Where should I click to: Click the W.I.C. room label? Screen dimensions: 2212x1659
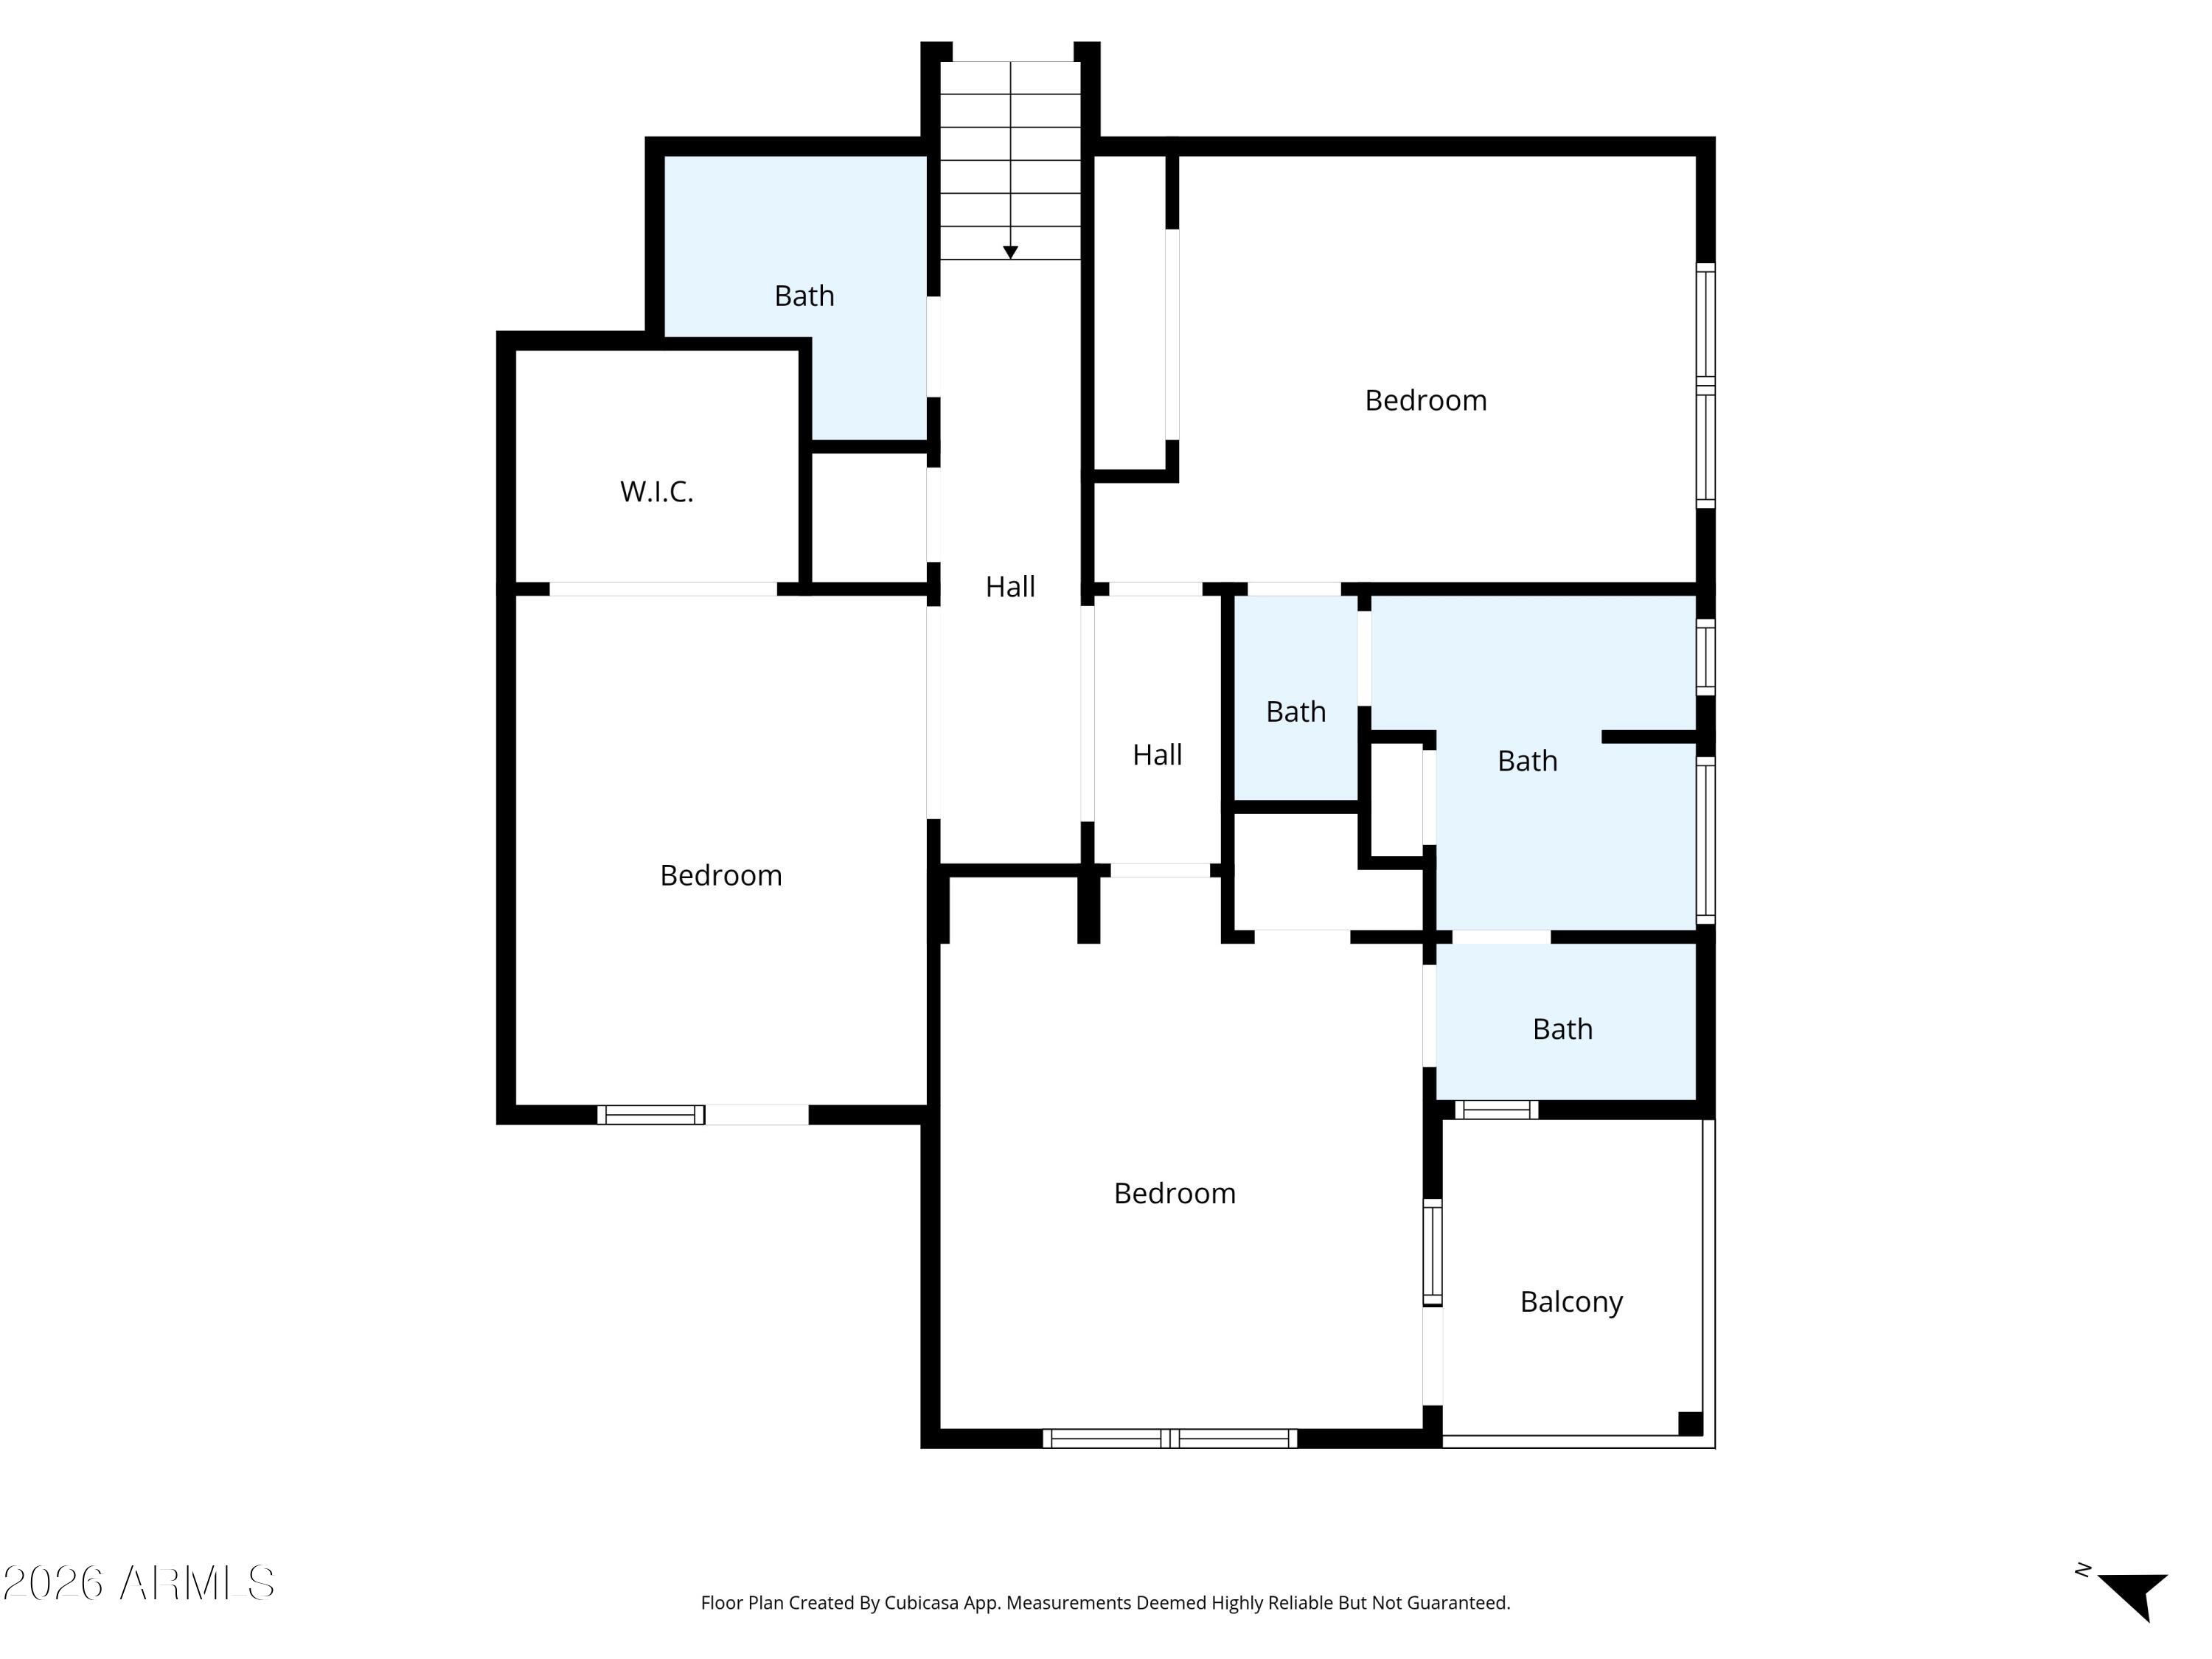coord(656,491)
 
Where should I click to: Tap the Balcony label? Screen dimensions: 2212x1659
coord(1571,1302)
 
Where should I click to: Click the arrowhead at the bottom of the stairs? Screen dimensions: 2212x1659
coord(1010,252)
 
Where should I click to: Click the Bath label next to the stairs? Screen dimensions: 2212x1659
coord(804,296)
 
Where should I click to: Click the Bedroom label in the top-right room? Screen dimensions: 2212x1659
coord(1425,400)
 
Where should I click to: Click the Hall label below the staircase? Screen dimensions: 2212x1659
coord(1010,587)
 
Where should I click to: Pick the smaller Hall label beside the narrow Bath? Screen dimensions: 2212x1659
coord(1157,755)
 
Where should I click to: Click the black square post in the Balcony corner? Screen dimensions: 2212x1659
coord(1690,1423)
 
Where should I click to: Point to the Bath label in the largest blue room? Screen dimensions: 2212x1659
coord(1527,761)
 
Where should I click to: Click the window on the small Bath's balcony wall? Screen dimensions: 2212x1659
coord(1496,1109)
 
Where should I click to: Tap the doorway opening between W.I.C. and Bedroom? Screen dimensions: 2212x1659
coord(663,589)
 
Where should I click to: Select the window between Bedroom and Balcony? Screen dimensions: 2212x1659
coord(1432,1252)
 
